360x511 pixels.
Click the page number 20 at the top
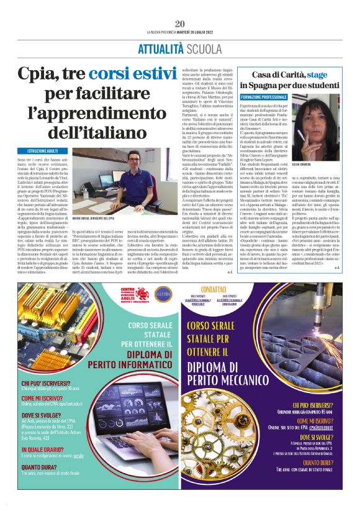point(180,23)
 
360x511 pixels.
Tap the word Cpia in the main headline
point(37,75)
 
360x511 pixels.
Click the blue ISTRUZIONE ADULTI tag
point(42,151)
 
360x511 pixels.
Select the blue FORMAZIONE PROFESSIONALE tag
point(264,97)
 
